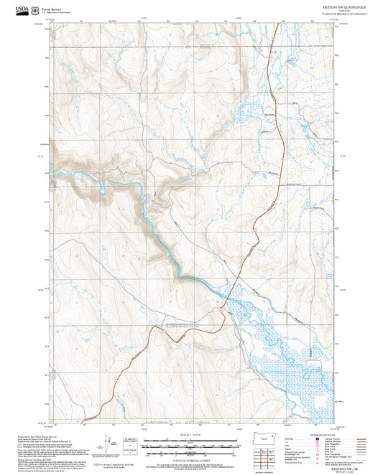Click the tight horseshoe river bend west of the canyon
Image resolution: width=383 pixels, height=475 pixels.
tap(104, 187)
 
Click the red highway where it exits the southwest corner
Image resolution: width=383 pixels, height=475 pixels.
tap(86, 419)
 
